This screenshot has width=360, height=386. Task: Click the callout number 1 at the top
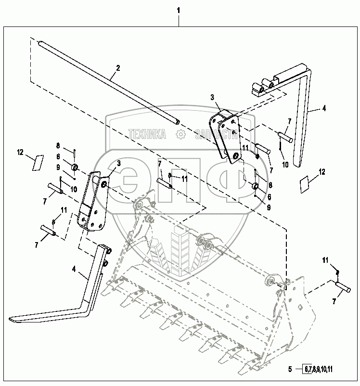[179, 10]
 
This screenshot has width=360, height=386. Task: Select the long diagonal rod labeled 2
[106, 82]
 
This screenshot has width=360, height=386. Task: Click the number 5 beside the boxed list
[290, 370]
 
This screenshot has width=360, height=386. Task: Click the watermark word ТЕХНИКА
[147, 135]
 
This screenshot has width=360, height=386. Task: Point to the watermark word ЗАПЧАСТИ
[216, 135]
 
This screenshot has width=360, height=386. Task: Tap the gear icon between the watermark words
[181, 135]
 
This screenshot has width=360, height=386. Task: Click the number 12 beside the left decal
[20, 152]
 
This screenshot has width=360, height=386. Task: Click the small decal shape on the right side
[304, 185]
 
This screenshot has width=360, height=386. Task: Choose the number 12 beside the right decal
[322, 172]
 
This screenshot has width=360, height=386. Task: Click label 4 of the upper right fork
[324, 109]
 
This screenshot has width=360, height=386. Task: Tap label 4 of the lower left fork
[74, 269]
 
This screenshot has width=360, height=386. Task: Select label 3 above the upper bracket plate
[212, 98]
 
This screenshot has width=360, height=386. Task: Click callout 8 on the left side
[58, 145]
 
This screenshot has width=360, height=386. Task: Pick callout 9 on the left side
[58, 167]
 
